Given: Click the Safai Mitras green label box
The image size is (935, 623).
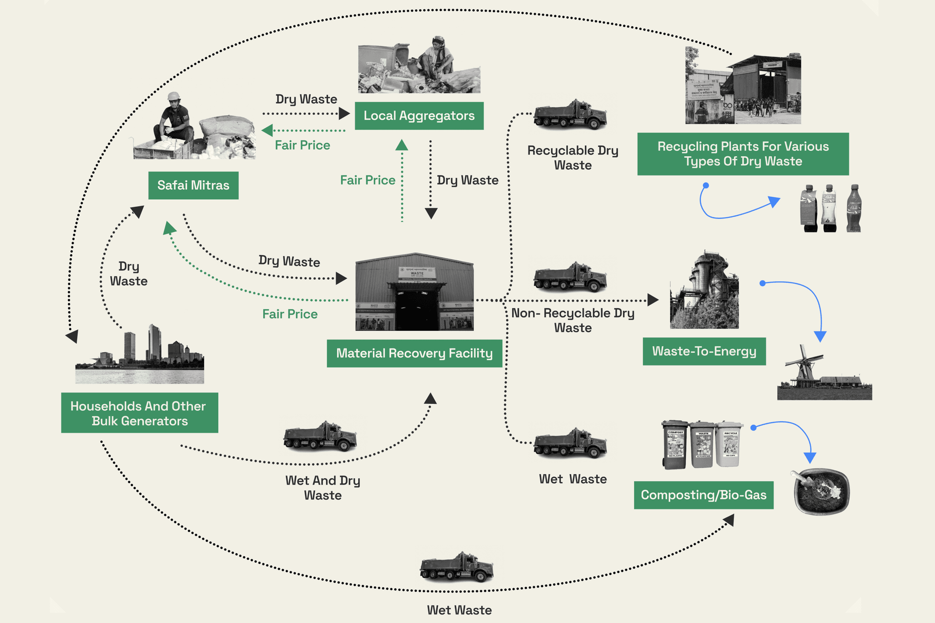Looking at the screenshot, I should click(x=193, y=186).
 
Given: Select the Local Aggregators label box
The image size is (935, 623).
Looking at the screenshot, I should click(x=419, y=116).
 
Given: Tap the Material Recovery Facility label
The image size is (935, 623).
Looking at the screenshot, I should click(x=414, y=353).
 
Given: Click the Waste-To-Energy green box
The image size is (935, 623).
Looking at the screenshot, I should click(x=704, y=351).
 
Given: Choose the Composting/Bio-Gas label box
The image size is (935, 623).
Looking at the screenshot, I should click(x=703, y=495).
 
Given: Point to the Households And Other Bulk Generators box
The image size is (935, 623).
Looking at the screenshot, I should click(x=139, y=413).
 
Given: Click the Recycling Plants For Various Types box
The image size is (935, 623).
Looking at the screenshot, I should click(x=743, y=154).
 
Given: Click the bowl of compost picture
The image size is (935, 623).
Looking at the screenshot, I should click(x=822, y=491).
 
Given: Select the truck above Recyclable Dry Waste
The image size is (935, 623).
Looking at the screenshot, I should click(x=570, y=115).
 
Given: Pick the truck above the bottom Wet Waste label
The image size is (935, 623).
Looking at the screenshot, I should click(x=457, y=567).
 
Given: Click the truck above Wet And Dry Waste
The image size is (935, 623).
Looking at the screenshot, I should click(x=320, y=436).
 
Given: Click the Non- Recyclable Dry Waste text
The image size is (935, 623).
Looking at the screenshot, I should click(x=573, y=320).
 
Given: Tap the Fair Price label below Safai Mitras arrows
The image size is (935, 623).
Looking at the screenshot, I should click(x=290, y=314).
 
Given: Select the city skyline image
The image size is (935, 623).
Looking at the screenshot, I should click(x=140, y=356).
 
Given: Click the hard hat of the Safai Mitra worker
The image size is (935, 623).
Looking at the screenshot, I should click(x=174, y=96).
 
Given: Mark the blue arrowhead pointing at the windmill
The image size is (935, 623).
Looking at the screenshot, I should click(x=820, y=336).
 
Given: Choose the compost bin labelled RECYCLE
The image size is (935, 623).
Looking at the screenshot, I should click(x=729, y=444).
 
